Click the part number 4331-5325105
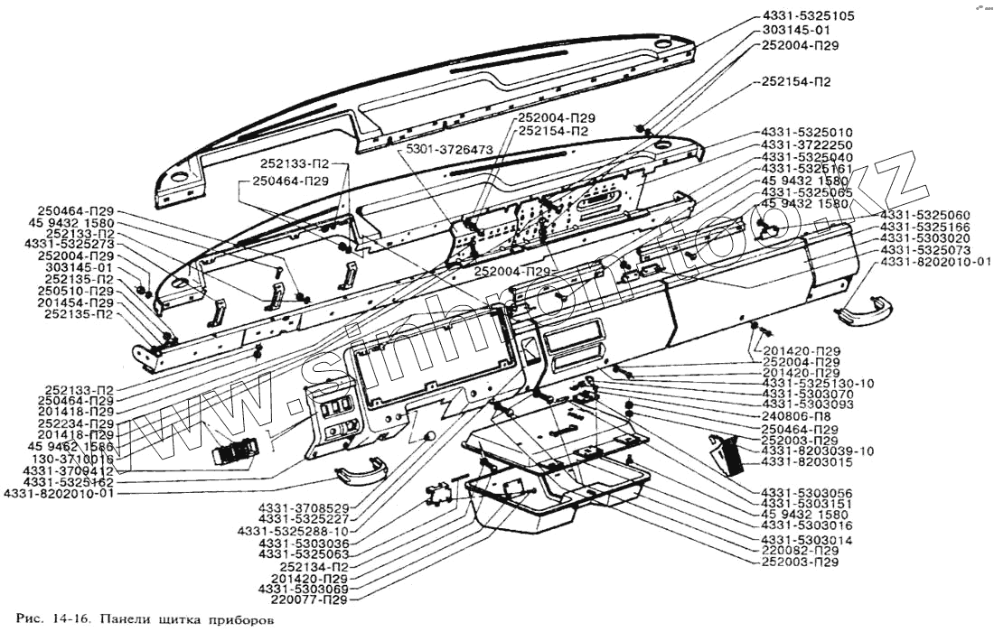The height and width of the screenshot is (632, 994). coord(809,16)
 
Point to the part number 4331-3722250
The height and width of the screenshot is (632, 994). coord(807,144)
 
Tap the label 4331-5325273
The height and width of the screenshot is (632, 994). coord(70,244)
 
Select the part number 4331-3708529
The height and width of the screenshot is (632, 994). coord(303,507)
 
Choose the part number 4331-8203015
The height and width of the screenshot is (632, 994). coord(806,462)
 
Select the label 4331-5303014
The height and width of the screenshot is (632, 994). coord(806,539)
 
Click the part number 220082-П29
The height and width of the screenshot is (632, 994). coord(801,550)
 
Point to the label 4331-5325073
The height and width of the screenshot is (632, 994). coord(925,249)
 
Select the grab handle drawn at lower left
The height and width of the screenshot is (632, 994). coord(361,470)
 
